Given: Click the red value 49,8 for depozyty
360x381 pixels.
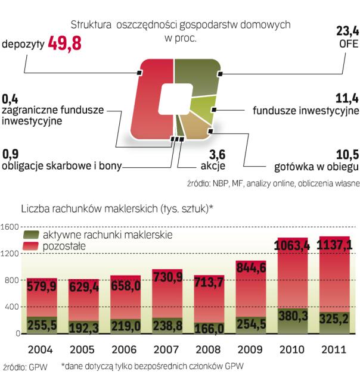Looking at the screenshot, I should click(x=64, y=43).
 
